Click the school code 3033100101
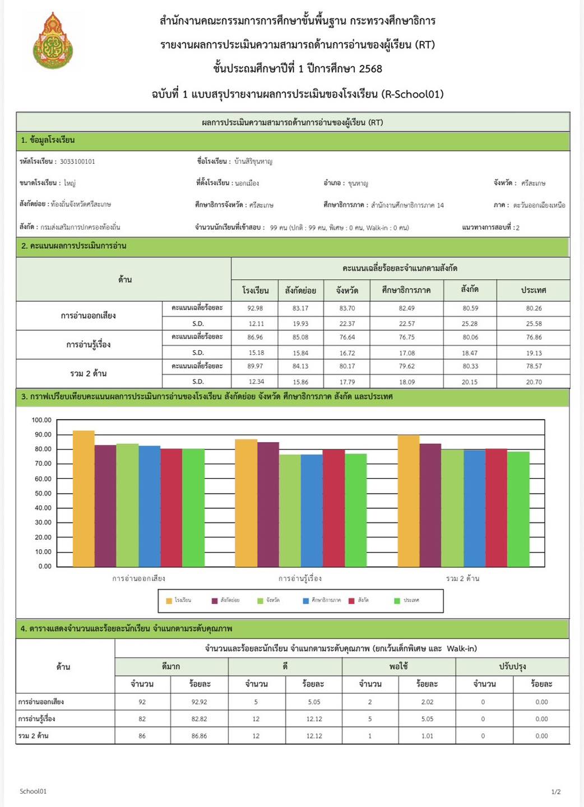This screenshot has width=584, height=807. (77, 161)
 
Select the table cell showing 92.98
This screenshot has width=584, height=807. (255, 308)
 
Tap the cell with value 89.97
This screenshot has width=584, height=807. (255, 366)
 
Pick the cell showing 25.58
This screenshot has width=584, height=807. (534, 323)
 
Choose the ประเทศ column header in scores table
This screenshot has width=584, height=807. (534, 290)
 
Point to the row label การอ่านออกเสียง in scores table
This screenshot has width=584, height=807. (89, 316)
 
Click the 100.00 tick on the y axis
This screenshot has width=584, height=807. (41, 420)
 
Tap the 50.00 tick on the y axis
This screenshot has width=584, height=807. (43, 493)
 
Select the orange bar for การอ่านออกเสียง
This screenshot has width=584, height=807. (84, 499)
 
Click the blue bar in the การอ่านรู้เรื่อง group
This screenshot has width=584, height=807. (312, 510)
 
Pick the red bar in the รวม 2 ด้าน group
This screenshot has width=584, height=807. (496, 507)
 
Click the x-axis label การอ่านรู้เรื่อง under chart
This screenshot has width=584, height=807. (300, 578)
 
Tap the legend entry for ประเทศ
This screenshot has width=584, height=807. (407, 600)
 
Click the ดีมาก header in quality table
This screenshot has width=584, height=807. (171, 666)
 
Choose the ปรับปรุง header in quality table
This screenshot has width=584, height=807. (512, 666)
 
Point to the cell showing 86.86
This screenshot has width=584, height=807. (199, 736)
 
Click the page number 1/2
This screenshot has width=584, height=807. (556, 792)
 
